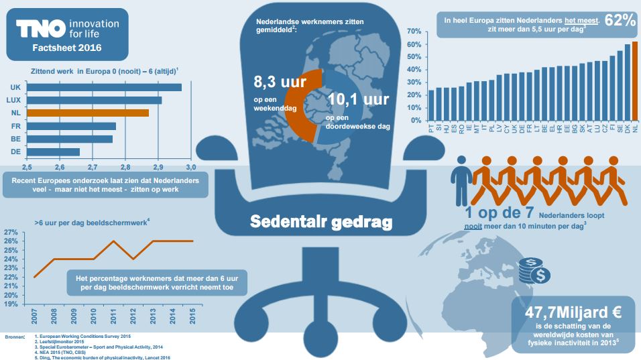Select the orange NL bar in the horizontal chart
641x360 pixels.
pos(88,113)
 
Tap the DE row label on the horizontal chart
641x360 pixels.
pos(15,152)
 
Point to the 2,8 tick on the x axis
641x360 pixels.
pos(125,166)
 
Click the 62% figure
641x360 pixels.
pos(620,20)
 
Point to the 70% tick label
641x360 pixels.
pos(413,32)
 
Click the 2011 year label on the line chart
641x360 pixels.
pos(113,316)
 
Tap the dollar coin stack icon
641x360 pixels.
pos(534,270)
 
